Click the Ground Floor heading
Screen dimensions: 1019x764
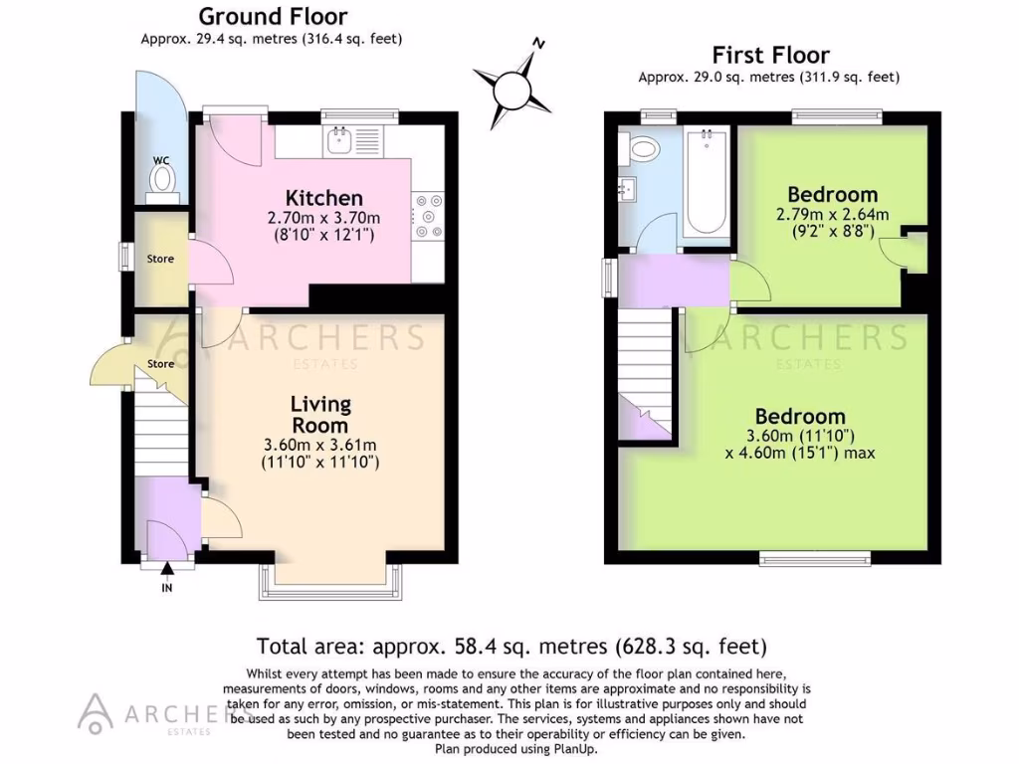tap(273, 17)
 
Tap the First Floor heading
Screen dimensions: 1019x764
tap(770, 55)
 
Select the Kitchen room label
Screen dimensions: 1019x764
tap(323, 198)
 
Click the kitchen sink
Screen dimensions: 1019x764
tap(338, 139)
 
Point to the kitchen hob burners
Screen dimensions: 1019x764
tap(432, 216)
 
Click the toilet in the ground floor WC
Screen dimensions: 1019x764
tap(161, 179)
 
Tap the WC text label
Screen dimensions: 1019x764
tap(161, 159)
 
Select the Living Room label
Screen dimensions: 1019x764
tap(320, 414)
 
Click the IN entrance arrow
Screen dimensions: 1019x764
tap(166, 573)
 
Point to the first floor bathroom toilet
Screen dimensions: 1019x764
tap(643, 149)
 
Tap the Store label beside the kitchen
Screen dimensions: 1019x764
tap(160, 259)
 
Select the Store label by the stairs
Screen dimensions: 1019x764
tap(161, 364)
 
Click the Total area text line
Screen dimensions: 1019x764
tap(511, 645)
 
